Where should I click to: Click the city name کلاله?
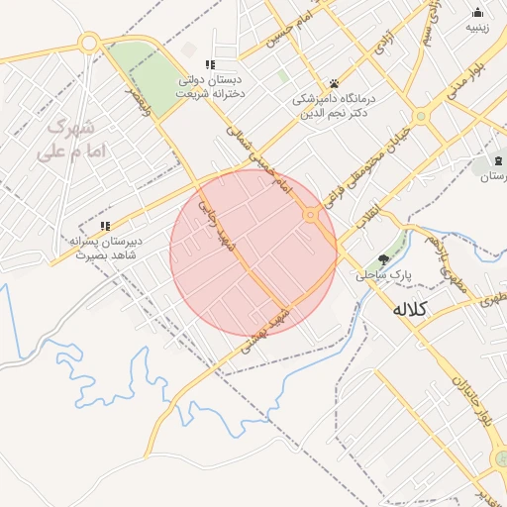click(x=409, y=309)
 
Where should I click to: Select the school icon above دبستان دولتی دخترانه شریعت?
click(x=209, y=64)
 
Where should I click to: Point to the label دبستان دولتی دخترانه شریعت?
click(x=209, y=86)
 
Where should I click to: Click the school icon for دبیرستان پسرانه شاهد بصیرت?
click(x=105, y=226)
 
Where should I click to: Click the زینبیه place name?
click(x=478, y=29)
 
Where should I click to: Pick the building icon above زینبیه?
click(x=478, y=13)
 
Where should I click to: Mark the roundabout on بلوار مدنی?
click(x=421, y=116)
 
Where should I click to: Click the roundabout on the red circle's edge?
click(x=311, y=215)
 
